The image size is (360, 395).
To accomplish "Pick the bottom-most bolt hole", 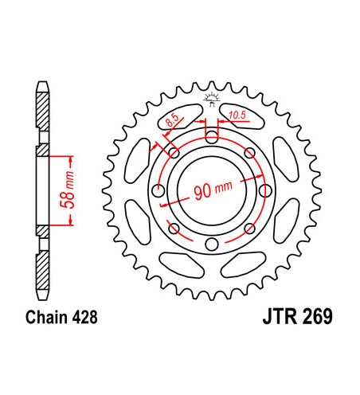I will pos(211,244).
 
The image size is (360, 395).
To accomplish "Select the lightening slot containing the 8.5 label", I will pos(180,117).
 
